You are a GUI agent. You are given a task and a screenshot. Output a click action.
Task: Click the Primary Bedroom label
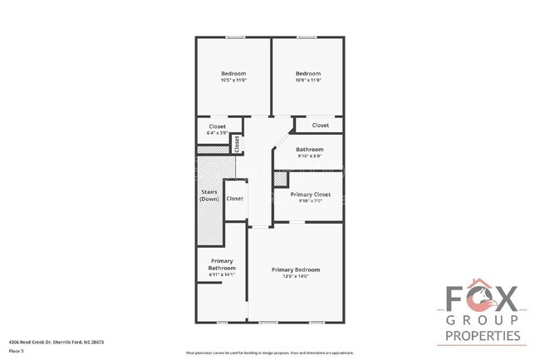(x=296, y=269)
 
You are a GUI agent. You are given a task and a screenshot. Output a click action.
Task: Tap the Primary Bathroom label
(x=222, y=264)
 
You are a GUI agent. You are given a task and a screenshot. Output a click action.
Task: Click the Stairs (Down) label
(x=209, y=196)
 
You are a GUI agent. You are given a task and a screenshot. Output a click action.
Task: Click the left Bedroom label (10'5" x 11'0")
(x=233, y=73)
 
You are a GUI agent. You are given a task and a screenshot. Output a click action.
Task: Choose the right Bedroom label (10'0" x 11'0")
(x=308, y=73)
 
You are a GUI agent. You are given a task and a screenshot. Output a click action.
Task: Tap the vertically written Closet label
(x=237, y=143)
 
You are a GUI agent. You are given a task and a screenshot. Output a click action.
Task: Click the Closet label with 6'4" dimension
(x=217, y=126)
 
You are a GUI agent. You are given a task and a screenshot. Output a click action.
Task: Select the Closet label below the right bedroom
(x=321, y=126)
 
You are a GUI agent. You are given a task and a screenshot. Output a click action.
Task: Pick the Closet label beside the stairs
(x=235, y=199)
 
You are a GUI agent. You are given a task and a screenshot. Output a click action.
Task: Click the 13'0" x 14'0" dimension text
(x=296, y=277)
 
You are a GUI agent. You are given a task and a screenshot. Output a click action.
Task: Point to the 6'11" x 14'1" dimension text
(x=222, y=275)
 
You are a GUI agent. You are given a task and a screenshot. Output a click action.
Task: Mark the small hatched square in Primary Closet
(x=280, y=179)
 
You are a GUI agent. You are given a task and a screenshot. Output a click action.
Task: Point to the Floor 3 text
(x=17, y=350)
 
